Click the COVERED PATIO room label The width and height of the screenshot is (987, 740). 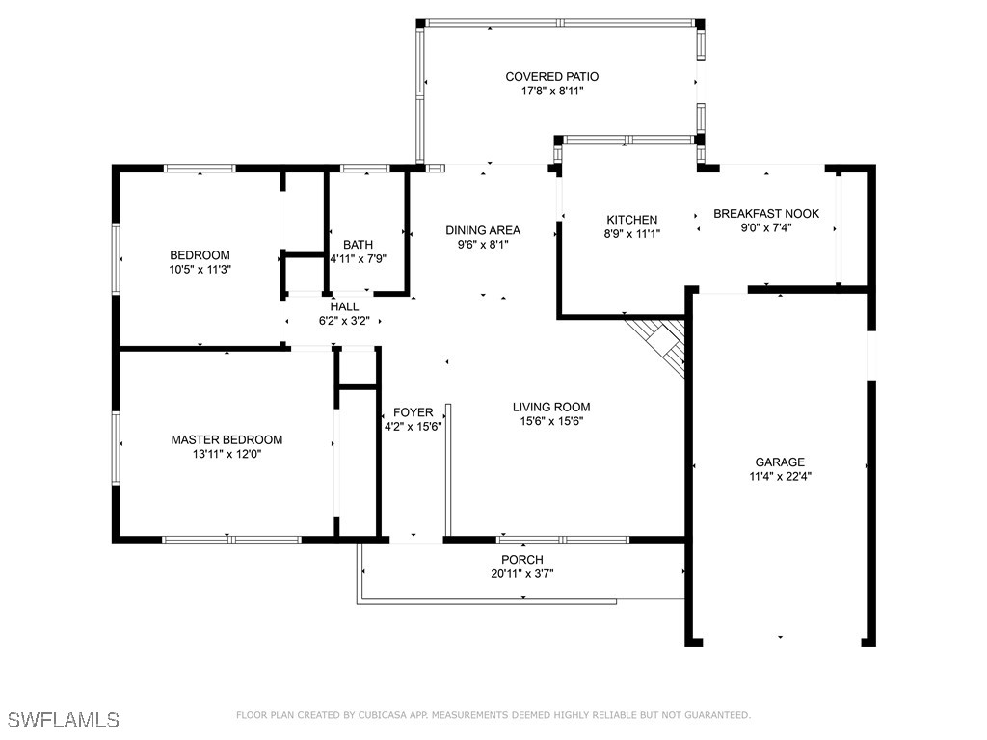point(552,77)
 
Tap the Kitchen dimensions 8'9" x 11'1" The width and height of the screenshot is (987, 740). point(632,234)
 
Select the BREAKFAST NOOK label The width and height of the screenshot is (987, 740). point(766,214)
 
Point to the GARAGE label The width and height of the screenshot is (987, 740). point(780,462)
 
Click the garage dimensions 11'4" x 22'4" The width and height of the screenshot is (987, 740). point(780,476)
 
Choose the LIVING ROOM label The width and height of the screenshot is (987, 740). point(551,408)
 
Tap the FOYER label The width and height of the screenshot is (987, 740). point(413,412)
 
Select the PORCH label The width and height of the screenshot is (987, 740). point(522,560)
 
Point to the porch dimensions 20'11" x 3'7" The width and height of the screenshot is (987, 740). point(522,574)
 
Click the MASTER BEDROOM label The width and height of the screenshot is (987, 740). point(227,439)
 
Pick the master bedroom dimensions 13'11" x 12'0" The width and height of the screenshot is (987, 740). point(227,455)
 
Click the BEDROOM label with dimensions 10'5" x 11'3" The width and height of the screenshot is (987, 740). point(200,255)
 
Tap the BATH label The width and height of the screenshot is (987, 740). point(359,245)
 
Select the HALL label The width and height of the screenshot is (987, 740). point(344,307)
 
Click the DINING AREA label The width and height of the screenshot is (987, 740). point(483,230)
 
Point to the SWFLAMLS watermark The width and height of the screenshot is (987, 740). point(64,720)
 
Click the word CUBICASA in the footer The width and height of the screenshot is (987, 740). point(386,715)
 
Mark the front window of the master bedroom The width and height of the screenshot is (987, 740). point(231,540)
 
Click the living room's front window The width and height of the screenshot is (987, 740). point(563,540)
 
